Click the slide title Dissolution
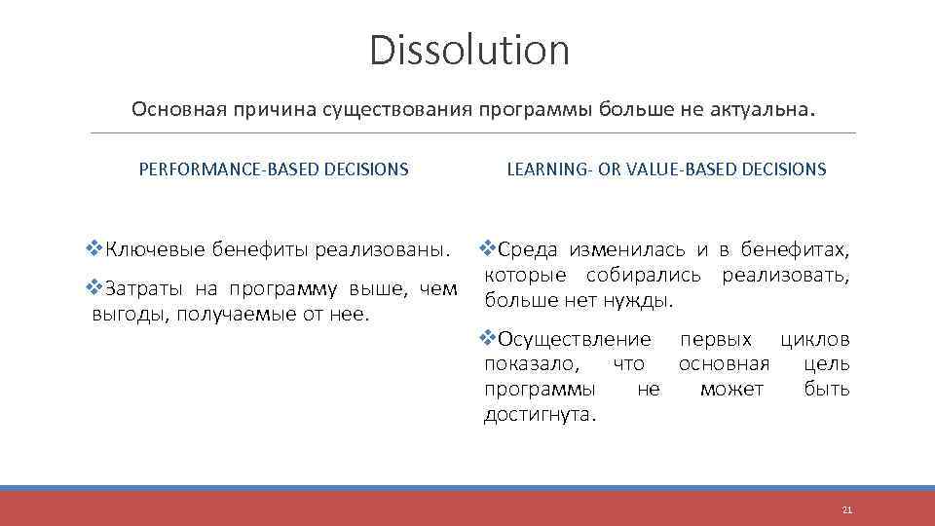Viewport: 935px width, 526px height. pyautogui.click(x=468, y=51)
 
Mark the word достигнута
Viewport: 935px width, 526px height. pyautogui.click(x=540, y=415)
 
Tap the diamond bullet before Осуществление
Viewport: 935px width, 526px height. pyautogui.click(x=490, y=339)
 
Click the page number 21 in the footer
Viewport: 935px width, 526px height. pyautogui.click(x=846, y=509)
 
